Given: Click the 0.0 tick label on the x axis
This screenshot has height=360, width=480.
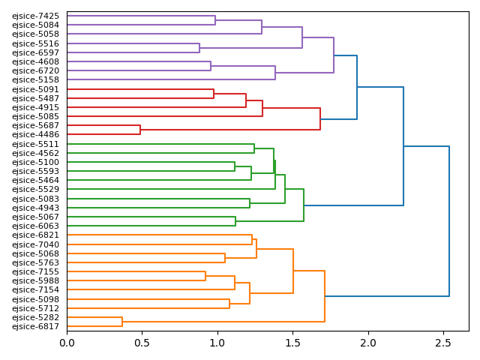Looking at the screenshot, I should pos(67,343).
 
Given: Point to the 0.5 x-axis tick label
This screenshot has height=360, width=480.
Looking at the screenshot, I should pos(142,343).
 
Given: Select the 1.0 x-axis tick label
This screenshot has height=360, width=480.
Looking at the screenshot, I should pos(217,343).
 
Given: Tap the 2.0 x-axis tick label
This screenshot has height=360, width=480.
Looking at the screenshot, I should pos(368,343).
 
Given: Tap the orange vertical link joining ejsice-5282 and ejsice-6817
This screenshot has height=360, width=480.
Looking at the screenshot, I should pos(122,322).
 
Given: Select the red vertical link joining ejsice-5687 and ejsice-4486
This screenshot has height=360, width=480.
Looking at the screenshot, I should pos(140,130).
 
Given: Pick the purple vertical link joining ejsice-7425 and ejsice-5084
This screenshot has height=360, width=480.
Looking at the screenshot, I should pos(215,20).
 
